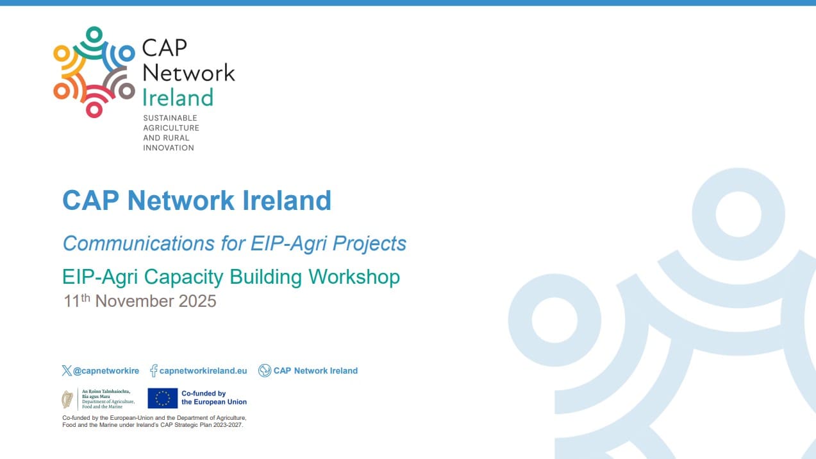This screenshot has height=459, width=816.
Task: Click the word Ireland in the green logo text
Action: tap(178, 98)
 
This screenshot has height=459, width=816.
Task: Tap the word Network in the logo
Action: tap(188, 73)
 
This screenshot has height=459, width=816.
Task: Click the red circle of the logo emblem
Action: tap(94, 109)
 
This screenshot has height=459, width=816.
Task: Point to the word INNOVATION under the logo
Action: tap(168, 148)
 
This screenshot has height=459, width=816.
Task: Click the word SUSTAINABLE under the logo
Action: tap(170, 118)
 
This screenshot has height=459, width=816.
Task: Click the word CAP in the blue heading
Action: tap(90, 201)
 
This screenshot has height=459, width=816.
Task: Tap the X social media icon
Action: tap(67, 370)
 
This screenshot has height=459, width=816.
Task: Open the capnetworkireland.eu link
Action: tap(203, 370)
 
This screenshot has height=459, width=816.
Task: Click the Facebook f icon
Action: tap(154, 370)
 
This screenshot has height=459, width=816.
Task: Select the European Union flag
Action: tap(163, 398)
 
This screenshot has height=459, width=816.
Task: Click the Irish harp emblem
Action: tap(67, 399)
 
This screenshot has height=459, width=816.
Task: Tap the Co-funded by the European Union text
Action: tap(213, 397)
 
